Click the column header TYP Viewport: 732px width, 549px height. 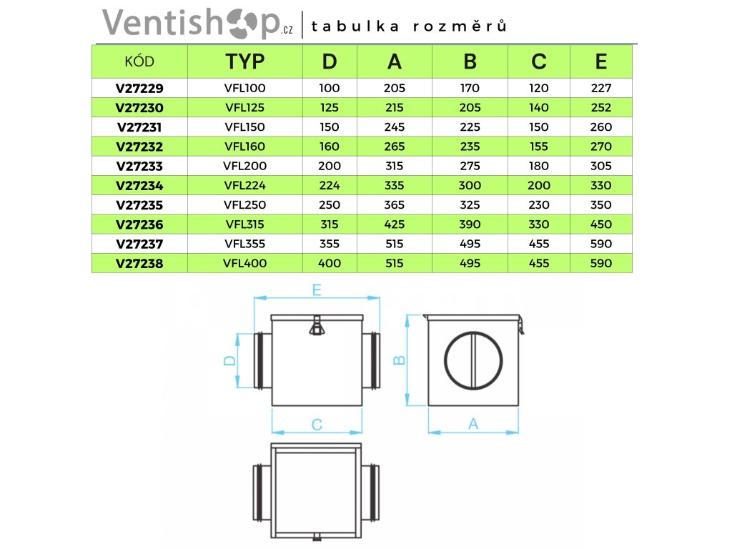pyautogui.click(x=244, y=61)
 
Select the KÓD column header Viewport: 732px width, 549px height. pyautogui.click(x=139, y=61)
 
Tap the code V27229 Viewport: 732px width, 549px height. pyautogui.click(x=139, y=89)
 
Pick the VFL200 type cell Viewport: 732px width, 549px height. pyautogui.click(x=244, y=166)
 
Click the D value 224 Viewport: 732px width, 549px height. pyautogui.click(x=329, y=186)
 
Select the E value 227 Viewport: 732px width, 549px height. pyautogui.click(x=601, y=89)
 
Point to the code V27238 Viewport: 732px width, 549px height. pyautogui.click(x=139, y=263)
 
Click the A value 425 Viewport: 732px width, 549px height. pyautogui.click(x=395, y=224)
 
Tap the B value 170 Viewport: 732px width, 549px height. pyautogui.click(x=470, y=89)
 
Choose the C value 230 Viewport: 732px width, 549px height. pyautogui.click(x=539, y=205)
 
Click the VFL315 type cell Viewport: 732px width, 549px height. pyautogui.click(x=244, y=224)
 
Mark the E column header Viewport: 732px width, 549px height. pyautogui.click(x=601, y=61)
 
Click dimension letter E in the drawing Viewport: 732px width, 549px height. pyautogui.click(x=317, y=290)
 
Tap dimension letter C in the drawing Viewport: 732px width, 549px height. pyautogui.click(x=317, y=425)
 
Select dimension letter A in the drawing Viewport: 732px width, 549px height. pyautogui.click(x=473, y=424)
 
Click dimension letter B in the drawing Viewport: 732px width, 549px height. pyautogui.click(x=400, y=360)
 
